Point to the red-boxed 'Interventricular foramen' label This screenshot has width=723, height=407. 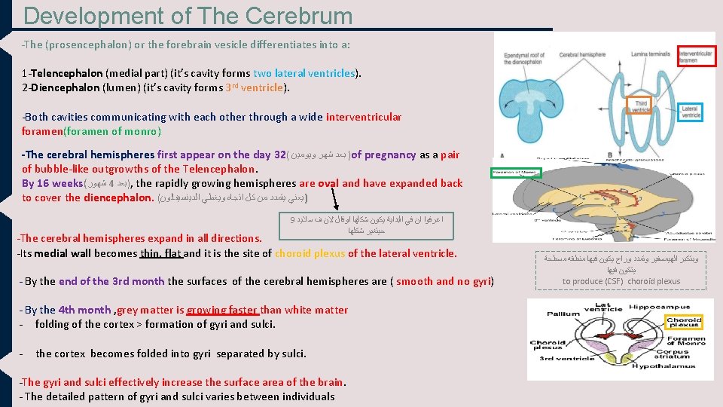pyautogui.click(x=697, y=57)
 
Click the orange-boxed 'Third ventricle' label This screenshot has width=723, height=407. pyautogui.click(x=641, y=106)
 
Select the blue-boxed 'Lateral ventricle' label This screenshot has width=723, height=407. pyautogui.click(x=690, y=113)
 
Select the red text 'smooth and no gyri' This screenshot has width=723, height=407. pyautogui.click(x=444, y=281)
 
